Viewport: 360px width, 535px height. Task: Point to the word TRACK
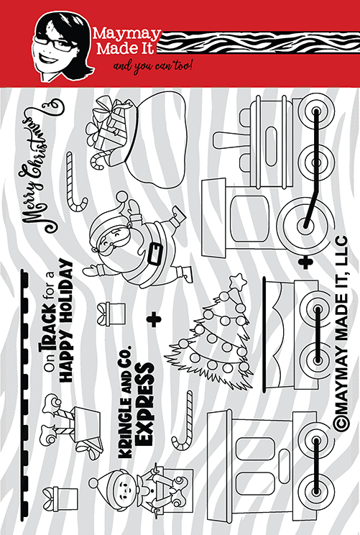tap(48, 328)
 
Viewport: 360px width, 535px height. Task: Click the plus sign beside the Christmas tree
tap(154, 320)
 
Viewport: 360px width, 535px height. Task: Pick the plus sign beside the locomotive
tap(306, 262)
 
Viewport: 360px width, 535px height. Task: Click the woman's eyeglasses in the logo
tap(57, 42)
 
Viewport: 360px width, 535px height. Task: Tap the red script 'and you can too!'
tap(153, 65)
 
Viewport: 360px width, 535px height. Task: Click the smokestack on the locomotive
tap(233, 140)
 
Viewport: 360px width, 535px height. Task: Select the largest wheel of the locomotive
tap(305, 224)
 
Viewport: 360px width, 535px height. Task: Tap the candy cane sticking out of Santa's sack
tap(100, 159)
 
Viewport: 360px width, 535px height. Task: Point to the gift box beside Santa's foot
tap(111, 314)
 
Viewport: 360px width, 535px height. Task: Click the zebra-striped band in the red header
tap(258, 43)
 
